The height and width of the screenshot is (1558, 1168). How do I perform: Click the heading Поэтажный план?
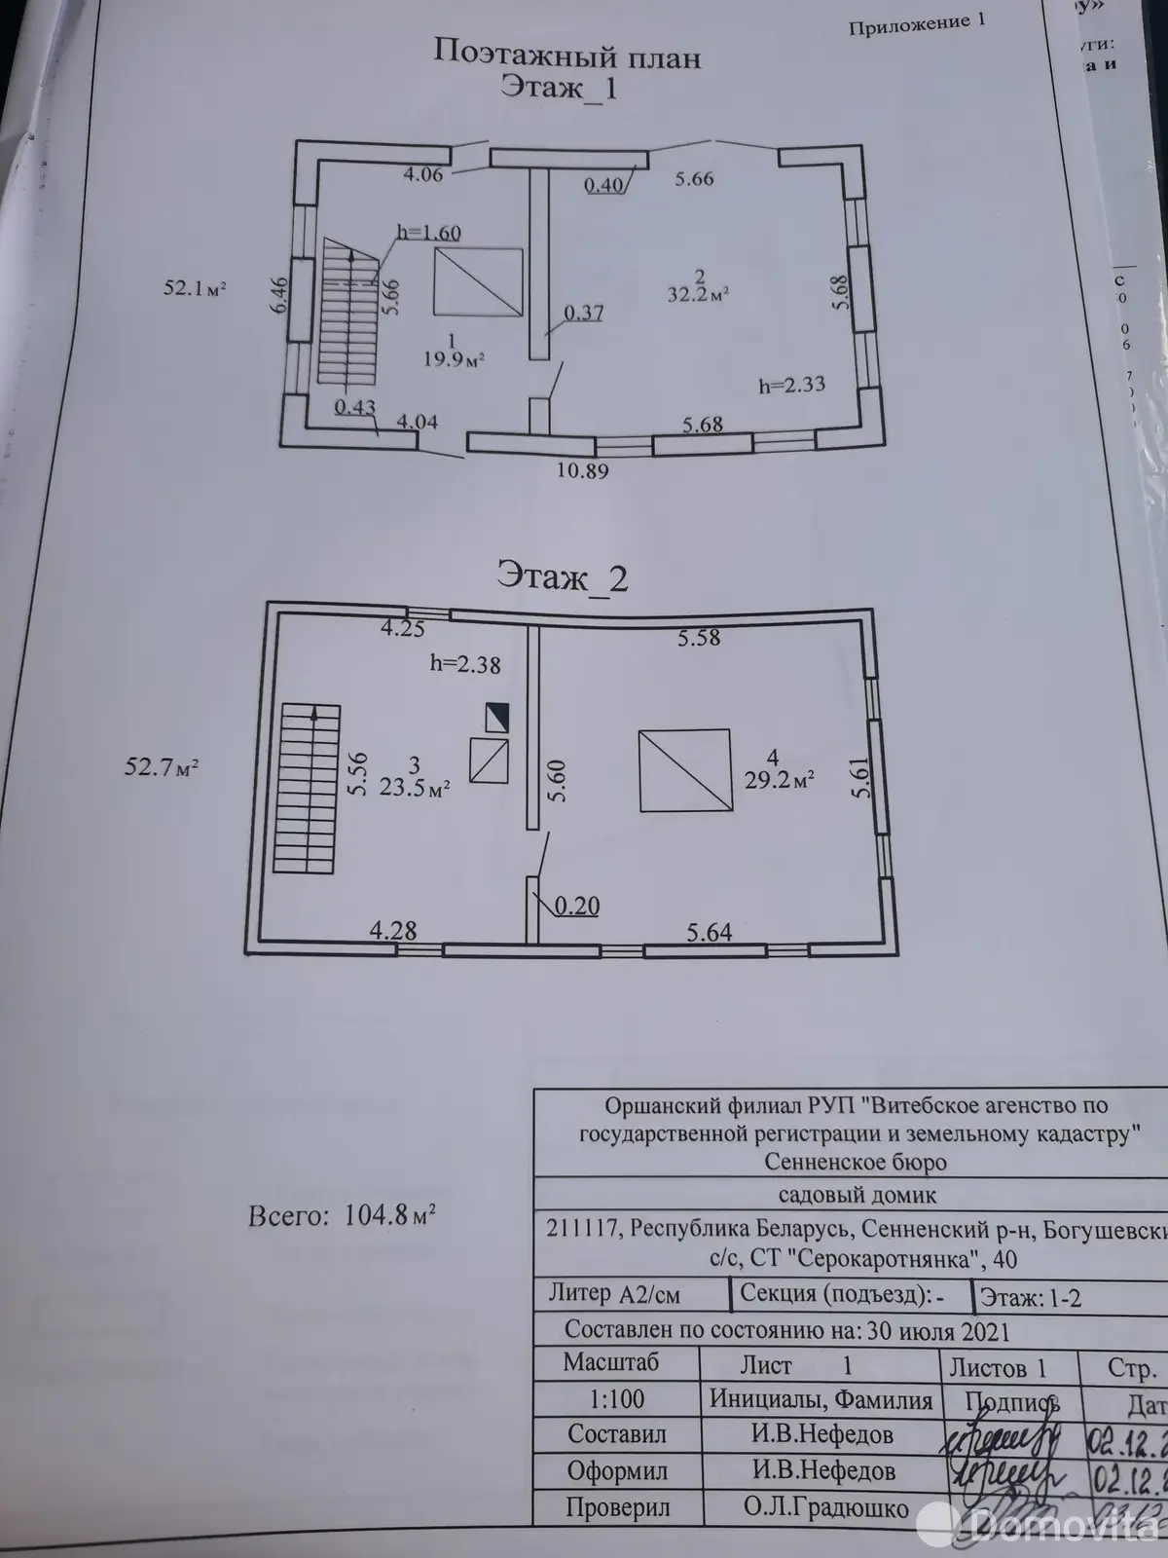[x=566, y=55]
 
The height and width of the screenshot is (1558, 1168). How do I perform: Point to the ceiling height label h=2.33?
[x=791, y=385]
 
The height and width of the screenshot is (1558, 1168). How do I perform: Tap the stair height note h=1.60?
[x=428, y=233]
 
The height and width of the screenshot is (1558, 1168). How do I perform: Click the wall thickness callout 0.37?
[x=583, y=313]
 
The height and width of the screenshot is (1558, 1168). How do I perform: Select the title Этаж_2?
[x=563, y=577]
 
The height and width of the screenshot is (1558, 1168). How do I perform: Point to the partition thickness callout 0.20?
[x=576, y=907]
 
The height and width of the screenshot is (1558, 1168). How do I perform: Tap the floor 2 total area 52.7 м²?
[x=162, y=767]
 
